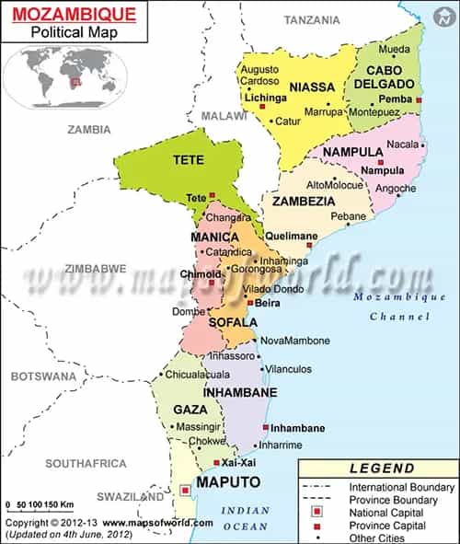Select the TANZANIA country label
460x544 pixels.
[311, 19]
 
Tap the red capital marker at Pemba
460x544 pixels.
[419, 99]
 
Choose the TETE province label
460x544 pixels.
[188, 159]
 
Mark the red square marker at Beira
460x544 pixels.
[249, 302]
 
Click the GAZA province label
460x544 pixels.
[189, 409]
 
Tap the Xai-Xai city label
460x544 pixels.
[238, 461]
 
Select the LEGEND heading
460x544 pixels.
[382, 469]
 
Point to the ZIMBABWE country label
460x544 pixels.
[95, 269]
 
